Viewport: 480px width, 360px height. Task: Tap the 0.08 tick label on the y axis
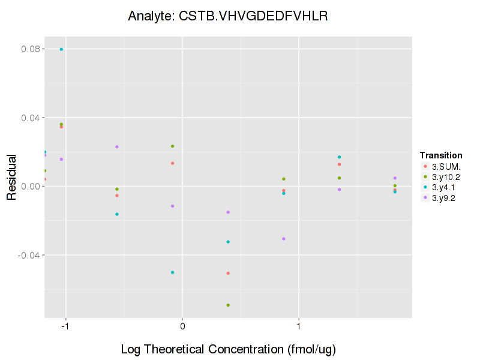coord(31,49)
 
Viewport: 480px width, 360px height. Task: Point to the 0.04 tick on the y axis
coord(31,118)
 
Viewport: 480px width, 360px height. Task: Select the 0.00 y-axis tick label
coord(31,186)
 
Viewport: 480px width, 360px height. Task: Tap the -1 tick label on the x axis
coord(65,327)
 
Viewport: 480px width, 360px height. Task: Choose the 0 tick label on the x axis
coord(182,327)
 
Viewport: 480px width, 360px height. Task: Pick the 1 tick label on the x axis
coord(299,327)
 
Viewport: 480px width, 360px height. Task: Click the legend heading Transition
coord(441,155)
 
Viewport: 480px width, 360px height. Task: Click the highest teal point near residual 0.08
coord(61,49)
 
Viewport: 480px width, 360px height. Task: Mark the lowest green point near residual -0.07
coord(228,305)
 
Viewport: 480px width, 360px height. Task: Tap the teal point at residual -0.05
coord(172,272)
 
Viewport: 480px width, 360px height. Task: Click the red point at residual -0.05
coord(228,273)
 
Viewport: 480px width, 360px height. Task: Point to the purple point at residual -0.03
coord(284,239)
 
